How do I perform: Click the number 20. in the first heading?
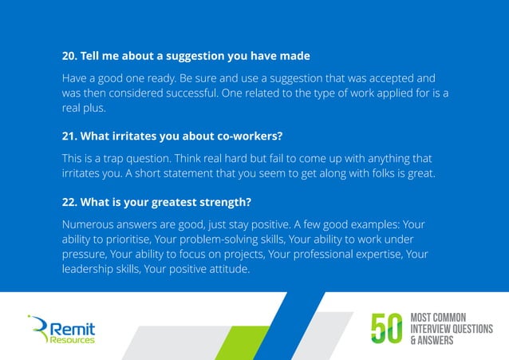click(71, 57)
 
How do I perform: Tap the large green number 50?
click(388, 328)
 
